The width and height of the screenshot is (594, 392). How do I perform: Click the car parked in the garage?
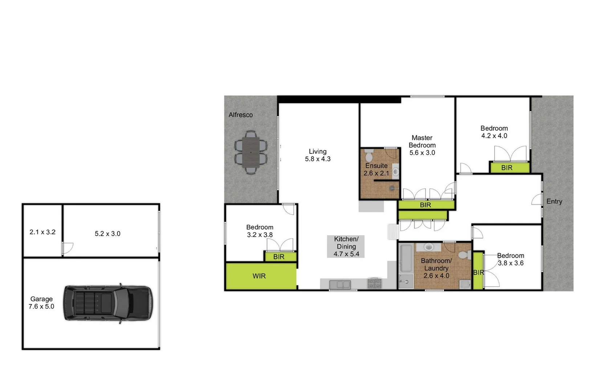108,303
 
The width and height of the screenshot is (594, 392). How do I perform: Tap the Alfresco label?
240,115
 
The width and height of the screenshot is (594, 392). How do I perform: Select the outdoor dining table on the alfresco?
251,152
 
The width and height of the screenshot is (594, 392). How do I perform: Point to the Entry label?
554,201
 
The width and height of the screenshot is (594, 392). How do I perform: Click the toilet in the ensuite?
369,156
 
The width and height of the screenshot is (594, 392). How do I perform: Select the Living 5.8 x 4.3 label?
318,155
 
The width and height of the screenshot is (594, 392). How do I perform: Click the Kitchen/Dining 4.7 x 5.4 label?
346,246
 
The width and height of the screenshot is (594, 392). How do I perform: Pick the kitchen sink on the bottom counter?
340,284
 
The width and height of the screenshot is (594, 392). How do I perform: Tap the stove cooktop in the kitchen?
374,283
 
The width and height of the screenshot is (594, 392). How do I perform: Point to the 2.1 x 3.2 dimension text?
42,232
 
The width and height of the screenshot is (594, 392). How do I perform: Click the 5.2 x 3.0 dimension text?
107,234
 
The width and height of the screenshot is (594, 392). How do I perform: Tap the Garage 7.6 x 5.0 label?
41,303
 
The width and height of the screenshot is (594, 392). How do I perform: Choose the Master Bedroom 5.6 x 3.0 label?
422,145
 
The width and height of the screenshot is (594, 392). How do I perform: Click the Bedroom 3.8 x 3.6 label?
510,260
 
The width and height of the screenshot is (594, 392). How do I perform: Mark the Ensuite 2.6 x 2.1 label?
376,170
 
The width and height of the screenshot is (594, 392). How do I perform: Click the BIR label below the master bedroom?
426,205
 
